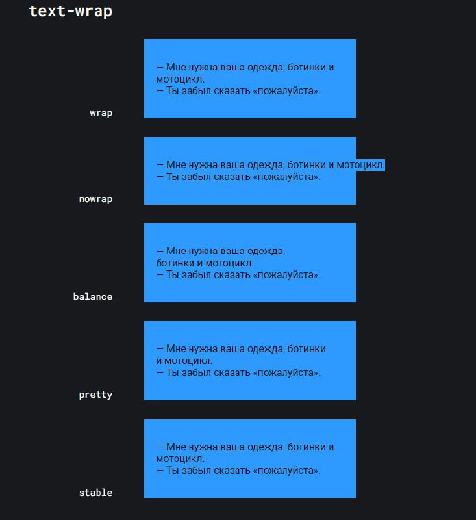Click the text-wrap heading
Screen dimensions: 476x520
[71, 12]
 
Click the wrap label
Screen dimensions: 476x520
[101, 113]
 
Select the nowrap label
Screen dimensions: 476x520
[95, 199]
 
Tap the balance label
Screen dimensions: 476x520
[93, 296]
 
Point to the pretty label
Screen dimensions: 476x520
[95, 395]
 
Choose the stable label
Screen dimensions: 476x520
[95, 493]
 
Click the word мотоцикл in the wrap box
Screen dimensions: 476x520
[180, 79]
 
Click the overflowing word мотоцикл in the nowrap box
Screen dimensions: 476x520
[360, 165]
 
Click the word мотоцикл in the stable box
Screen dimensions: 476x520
[180, 459]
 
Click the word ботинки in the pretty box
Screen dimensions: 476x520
[307, 349]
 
